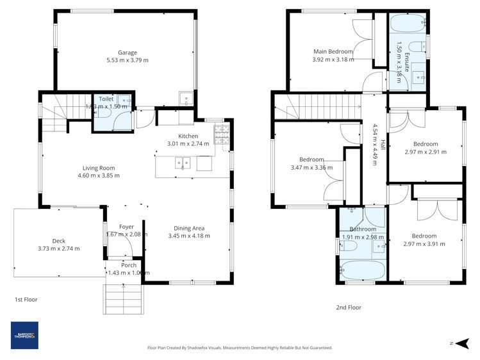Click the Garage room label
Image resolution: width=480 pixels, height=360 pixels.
[x=127, y=53]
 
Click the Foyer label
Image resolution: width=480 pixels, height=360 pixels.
[x=126, y=227]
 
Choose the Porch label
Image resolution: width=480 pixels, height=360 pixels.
[x=129, y=265]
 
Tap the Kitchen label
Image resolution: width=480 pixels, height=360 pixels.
[x=188, y=136]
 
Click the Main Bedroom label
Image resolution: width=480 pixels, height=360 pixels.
[x=333, y=51]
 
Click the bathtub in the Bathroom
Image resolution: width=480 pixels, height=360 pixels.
[x=362, y=270]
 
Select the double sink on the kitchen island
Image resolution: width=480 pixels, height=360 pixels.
[x=183, y=164]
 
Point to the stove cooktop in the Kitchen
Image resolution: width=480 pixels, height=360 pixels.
[x=221, y=135]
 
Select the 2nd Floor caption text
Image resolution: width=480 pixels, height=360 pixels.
[x=349, y=307]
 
